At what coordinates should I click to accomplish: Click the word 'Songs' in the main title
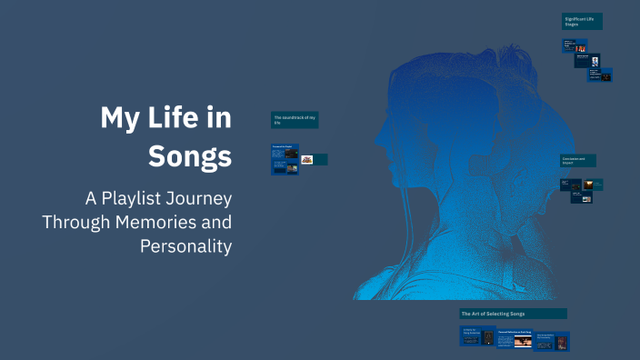[x=190, y=155]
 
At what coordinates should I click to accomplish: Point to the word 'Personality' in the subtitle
[x=186, y=245]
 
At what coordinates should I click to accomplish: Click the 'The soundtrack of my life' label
[x=295, y=120]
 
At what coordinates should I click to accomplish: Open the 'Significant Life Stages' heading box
[x=582, y=21]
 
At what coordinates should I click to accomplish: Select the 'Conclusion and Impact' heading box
[x=578, y=160]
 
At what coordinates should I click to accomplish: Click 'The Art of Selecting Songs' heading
[x=513, y=314]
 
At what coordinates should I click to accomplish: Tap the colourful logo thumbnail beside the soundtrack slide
[x=307, y=159]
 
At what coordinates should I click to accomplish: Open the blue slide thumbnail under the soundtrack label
[x=285, y=159]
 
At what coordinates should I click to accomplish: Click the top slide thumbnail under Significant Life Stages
[x=574, y=45]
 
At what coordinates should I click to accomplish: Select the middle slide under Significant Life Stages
[x=587, y=60]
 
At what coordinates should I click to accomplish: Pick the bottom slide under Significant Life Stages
[x=600, y=75]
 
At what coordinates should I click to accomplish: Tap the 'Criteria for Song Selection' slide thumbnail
[x=477, y=335]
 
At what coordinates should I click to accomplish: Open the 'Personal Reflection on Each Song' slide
[x=514, y=338]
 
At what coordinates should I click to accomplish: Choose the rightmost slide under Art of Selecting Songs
[x=551, y=341]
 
